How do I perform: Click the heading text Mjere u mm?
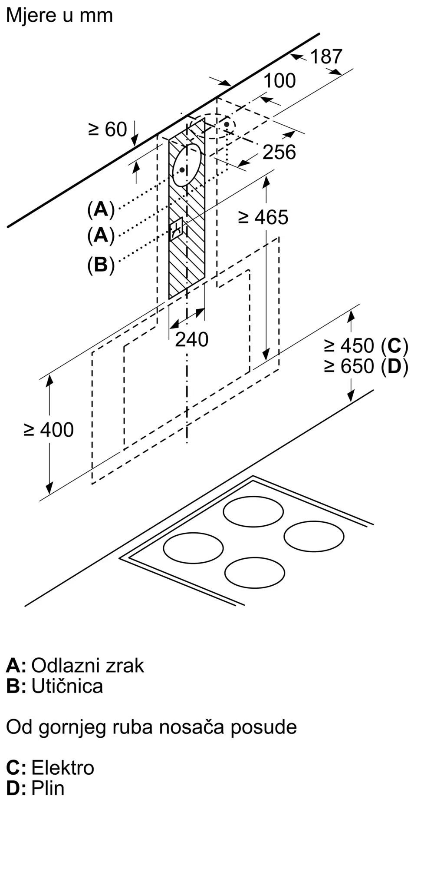59,16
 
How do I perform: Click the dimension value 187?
326,56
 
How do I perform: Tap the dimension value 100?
279,81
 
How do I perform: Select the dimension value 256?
279,152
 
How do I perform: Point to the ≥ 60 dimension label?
108,129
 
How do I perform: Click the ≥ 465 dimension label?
263,218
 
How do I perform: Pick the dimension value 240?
191,339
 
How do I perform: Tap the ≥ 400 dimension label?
49,430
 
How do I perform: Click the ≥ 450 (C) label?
366,346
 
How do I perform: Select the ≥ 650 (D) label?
366,367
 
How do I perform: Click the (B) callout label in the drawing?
101,265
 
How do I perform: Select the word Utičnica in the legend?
67,686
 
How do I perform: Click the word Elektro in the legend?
62,768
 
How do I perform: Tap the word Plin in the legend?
48,788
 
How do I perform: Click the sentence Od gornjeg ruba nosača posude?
151,727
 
